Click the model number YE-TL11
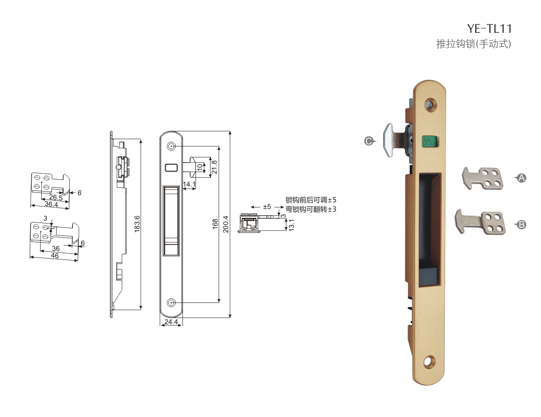coord(489,28)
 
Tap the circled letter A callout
coord(521,178)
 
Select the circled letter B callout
coord(521,225)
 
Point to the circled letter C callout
coord(369,141)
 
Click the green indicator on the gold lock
coord(429,141)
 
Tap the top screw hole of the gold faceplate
coord(429,103)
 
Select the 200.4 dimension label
coord(226,224)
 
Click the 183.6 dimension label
coord(137,224)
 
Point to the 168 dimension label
coord(215,224)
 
